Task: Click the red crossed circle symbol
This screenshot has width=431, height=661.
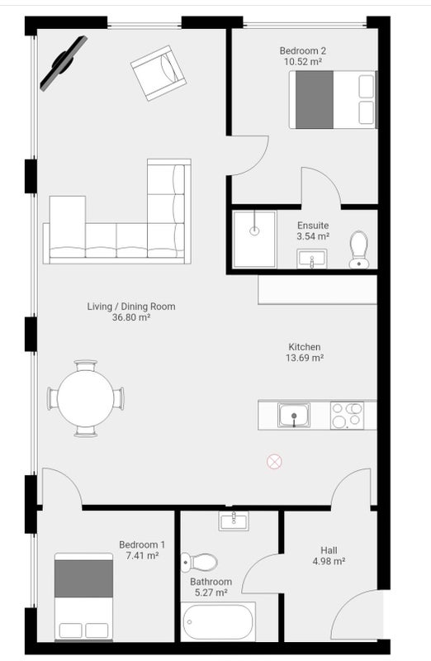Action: (274, 462)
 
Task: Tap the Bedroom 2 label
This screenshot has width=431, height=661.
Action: (303, 51)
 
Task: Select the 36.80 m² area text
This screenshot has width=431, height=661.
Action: (131, 317)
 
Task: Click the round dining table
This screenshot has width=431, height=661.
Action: (86, 398)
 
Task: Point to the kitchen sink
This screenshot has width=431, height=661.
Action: (294, 415)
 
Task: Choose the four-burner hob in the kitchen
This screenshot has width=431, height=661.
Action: (347, 416)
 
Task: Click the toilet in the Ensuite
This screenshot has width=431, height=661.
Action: (358, 250)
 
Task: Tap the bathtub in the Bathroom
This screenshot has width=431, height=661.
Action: (218, 622)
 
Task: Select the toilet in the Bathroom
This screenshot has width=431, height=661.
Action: (199, 562)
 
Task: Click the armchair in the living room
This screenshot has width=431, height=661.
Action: (158, 74)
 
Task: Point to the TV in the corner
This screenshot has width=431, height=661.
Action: (64, 63)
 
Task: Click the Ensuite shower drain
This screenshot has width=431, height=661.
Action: (254, 231)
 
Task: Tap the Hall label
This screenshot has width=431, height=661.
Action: (329, 550)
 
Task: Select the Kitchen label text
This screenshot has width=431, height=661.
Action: (304, 347)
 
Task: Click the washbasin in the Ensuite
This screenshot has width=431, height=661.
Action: (312, 259)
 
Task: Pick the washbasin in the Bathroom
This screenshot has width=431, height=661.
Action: (234, 521)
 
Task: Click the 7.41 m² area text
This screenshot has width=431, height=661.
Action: (142, 555)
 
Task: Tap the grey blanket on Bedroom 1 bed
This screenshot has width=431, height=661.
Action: (84, 578)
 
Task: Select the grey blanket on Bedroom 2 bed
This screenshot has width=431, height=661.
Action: (315, 99)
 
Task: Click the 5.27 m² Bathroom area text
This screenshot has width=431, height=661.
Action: (211, 592)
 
